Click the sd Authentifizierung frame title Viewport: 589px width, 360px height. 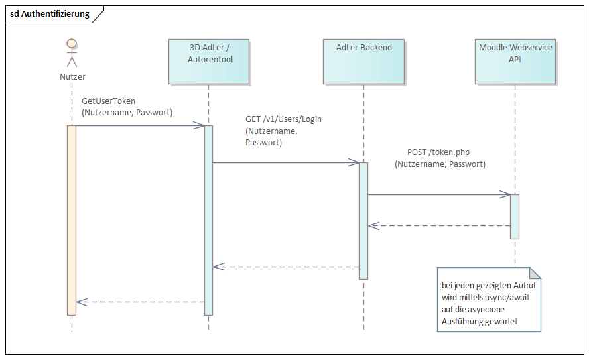[x=50, y=14]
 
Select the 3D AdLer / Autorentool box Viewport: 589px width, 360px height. [x=209, y=60]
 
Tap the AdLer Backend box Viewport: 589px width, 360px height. [x=363, y=60]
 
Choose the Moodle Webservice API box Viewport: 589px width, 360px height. [x=515, y=60]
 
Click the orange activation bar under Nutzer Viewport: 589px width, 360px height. [x=72, y=219]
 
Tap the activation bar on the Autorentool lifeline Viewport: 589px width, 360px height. [x=208, y=219]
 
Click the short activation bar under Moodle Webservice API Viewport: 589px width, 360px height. [x=515, y=216]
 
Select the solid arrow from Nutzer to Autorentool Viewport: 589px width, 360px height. [x=140, y=125]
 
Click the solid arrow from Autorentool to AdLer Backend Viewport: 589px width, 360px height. [x=286, y=162]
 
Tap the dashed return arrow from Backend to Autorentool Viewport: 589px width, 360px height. [x=286, y=267]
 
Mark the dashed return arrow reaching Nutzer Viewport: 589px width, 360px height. [x=140, y=302]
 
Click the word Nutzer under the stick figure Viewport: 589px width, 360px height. [x=72, y=76]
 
